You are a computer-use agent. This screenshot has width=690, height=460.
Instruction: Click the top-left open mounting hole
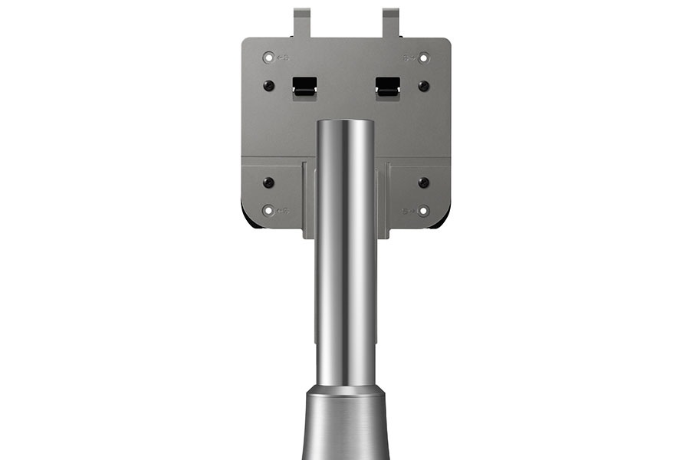tap(268, 58)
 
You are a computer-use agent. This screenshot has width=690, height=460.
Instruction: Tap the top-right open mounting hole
tap(424, 58)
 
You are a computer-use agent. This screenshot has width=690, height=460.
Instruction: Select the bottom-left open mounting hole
tap(268, 210)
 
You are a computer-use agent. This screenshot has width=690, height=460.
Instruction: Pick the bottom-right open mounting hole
tap(424, 210)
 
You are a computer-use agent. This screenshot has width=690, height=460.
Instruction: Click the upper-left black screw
tap(268, 86)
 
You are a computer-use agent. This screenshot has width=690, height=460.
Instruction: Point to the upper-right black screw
tap(423, 86)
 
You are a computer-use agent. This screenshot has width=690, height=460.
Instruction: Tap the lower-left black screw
tap(268, 182)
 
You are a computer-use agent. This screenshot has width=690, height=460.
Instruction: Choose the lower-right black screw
tap(423, 182)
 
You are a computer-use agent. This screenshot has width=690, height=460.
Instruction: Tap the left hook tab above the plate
tap(301, 21)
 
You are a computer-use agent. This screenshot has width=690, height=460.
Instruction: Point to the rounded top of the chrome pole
tap(346, 124)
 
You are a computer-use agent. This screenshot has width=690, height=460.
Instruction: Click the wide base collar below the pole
tap(346, 426)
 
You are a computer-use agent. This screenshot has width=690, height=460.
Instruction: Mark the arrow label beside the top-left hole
tap(282, 58)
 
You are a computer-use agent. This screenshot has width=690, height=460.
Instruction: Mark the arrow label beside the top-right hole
tap(409, 58)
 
